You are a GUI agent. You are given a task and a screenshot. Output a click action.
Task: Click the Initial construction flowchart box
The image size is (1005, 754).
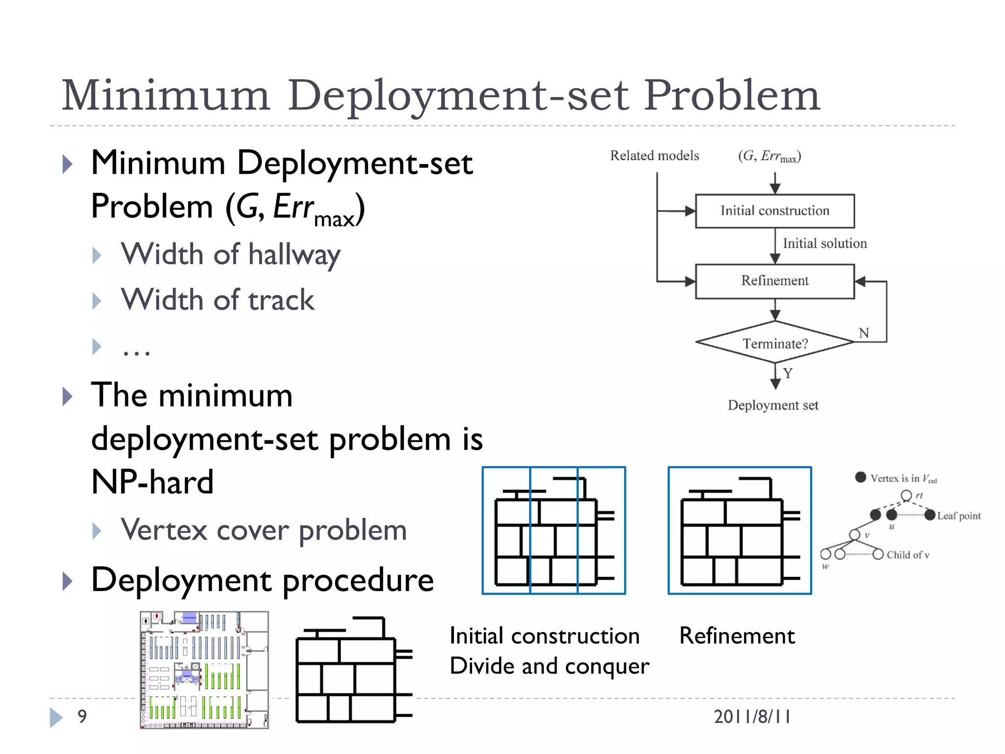point(774,211)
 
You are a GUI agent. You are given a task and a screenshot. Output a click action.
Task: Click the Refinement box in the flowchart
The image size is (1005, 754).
point(774,281)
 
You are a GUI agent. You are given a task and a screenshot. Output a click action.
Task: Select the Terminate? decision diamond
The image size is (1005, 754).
point(774,343)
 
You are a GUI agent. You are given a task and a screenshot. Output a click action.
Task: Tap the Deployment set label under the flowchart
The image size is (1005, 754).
point(773,405)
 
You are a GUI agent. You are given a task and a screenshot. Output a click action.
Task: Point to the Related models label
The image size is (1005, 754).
point(654,156)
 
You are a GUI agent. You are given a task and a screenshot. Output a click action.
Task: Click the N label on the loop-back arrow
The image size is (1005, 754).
point(864,333)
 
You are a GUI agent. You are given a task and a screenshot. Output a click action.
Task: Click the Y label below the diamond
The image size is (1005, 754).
point(788,374)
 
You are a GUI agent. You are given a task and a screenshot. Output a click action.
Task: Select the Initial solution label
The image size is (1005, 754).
point(824,243)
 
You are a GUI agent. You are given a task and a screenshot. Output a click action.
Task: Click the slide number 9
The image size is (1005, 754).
point(82,716)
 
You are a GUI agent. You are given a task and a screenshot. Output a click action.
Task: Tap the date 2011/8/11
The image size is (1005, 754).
point(752,717)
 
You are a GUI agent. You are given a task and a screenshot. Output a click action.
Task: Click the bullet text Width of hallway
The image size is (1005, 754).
point(231,255)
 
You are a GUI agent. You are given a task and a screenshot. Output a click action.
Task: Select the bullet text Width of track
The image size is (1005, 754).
point(218,300)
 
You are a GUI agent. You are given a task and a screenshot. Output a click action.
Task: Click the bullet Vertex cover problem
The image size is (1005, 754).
point(264,531)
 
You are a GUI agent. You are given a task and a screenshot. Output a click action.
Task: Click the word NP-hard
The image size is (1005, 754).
point(152,482)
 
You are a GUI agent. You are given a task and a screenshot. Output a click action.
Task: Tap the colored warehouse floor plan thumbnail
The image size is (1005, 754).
point(204,670)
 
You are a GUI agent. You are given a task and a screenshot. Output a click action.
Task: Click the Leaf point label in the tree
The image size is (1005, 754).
point(958,516)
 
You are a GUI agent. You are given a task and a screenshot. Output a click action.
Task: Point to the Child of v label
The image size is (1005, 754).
point(907,555)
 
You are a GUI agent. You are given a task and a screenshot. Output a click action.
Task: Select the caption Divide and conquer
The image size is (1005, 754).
point(549,666)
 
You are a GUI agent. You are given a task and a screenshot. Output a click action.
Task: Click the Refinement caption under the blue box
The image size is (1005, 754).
point(737,636)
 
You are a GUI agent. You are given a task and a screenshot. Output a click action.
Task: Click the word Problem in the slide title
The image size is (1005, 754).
point(731,96)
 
